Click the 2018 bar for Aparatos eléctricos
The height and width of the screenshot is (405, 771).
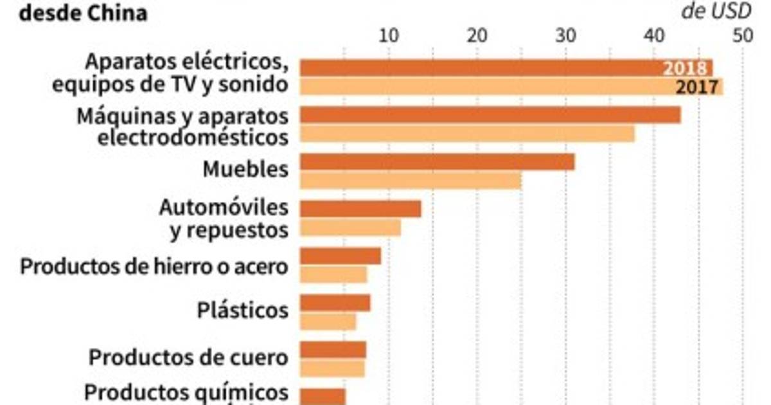tap(482, 67)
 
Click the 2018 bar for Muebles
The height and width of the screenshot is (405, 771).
tap(437, 162)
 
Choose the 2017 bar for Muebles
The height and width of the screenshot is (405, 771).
tap(411, 181)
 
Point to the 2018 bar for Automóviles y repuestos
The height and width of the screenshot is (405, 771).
tap(360, 209)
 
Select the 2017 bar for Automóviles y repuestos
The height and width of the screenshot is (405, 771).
tap(350, 228)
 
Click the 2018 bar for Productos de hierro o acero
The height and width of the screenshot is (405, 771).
tap(341, 256)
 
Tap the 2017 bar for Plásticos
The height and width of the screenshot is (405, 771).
tap(328, 321)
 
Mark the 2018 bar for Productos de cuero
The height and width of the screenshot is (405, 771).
tap(333, 350)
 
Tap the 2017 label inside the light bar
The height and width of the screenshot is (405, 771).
tap(696, 87)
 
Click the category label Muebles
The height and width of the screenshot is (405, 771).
tap(245, 170)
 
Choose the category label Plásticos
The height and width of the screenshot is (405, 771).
tap(242, 311)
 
